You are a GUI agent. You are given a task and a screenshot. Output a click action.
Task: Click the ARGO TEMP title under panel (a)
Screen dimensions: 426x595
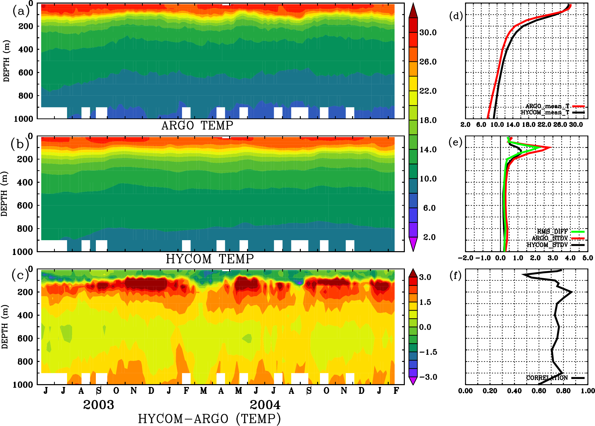pyautogui.click(x=197, y=126)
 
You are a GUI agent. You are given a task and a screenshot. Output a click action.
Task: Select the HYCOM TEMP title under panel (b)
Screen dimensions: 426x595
pyautogui.click(x=210, y=259)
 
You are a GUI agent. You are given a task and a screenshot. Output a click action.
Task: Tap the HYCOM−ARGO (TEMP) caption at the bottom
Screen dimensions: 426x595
pyautogui.click(x=209, y=419)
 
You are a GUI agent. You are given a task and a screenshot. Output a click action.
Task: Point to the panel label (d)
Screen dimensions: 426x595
pyautogui.click(x=456, y=16)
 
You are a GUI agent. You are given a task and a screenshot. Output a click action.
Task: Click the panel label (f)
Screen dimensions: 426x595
pyautogui.click(x=455, y=276)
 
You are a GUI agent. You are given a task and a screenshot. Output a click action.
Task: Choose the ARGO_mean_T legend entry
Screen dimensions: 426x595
pyautogui.click(x=547, y=106)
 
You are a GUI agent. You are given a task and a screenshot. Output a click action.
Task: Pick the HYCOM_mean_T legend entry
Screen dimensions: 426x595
pyautogui.click(x=545, y=113)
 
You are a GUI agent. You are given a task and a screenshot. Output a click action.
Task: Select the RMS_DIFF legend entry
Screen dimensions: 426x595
pyautogui.click(x=552, y=232)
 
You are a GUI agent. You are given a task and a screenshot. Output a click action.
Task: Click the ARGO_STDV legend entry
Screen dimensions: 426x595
pyautogui.click(x=549, y=238)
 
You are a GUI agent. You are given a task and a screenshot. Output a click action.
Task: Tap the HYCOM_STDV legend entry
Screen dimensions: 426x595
pyautogui.click(x=547, y=245)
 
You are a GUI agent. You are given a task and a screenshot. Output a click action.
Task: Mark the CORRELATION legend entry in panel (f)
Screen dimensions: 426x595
pyautogui.click(x=547, y=378)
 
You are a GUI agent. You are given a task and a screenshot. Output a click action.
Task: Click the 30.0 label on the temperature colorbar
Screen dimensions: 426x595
pyautogui.click(x=428, y=32)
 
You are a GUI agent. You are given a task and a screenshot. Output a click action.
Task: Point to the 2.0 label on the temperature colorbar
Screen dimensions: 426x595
pyautogui.click(x=429, y=237)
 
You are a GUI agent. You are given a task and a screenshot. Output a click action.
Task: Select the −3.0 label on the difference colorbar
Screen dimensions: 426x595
pyautogui.click(x=428, y=377)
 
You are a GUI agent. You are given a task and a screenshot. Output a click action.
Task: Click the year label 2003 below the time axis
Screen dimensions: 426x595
pyautogui.click(x=98, y=405)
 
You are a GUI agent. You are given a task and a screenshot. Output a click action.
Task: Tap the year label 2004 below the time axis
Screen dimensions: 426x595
pyautogui.click(x=265, y=405)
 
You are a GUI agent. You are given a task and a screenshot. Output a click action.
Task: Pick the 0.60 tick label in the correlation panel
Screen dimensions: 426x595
pyautogui.click(x=539, y=391)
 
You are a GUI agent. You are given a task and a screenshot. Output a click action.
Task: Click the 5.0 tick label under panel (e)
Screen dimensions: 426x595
pyautogui.click(x=588, y=258)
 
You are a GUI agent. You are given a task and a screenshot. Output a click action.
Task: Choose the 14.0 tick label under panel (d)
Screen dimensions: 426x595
pyautogui.click(x=513, y=125)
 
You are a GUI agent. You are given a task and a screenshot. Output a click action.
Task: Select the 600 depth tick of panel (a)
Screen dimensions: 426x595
pyautogui.click(x=26, y=73)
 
